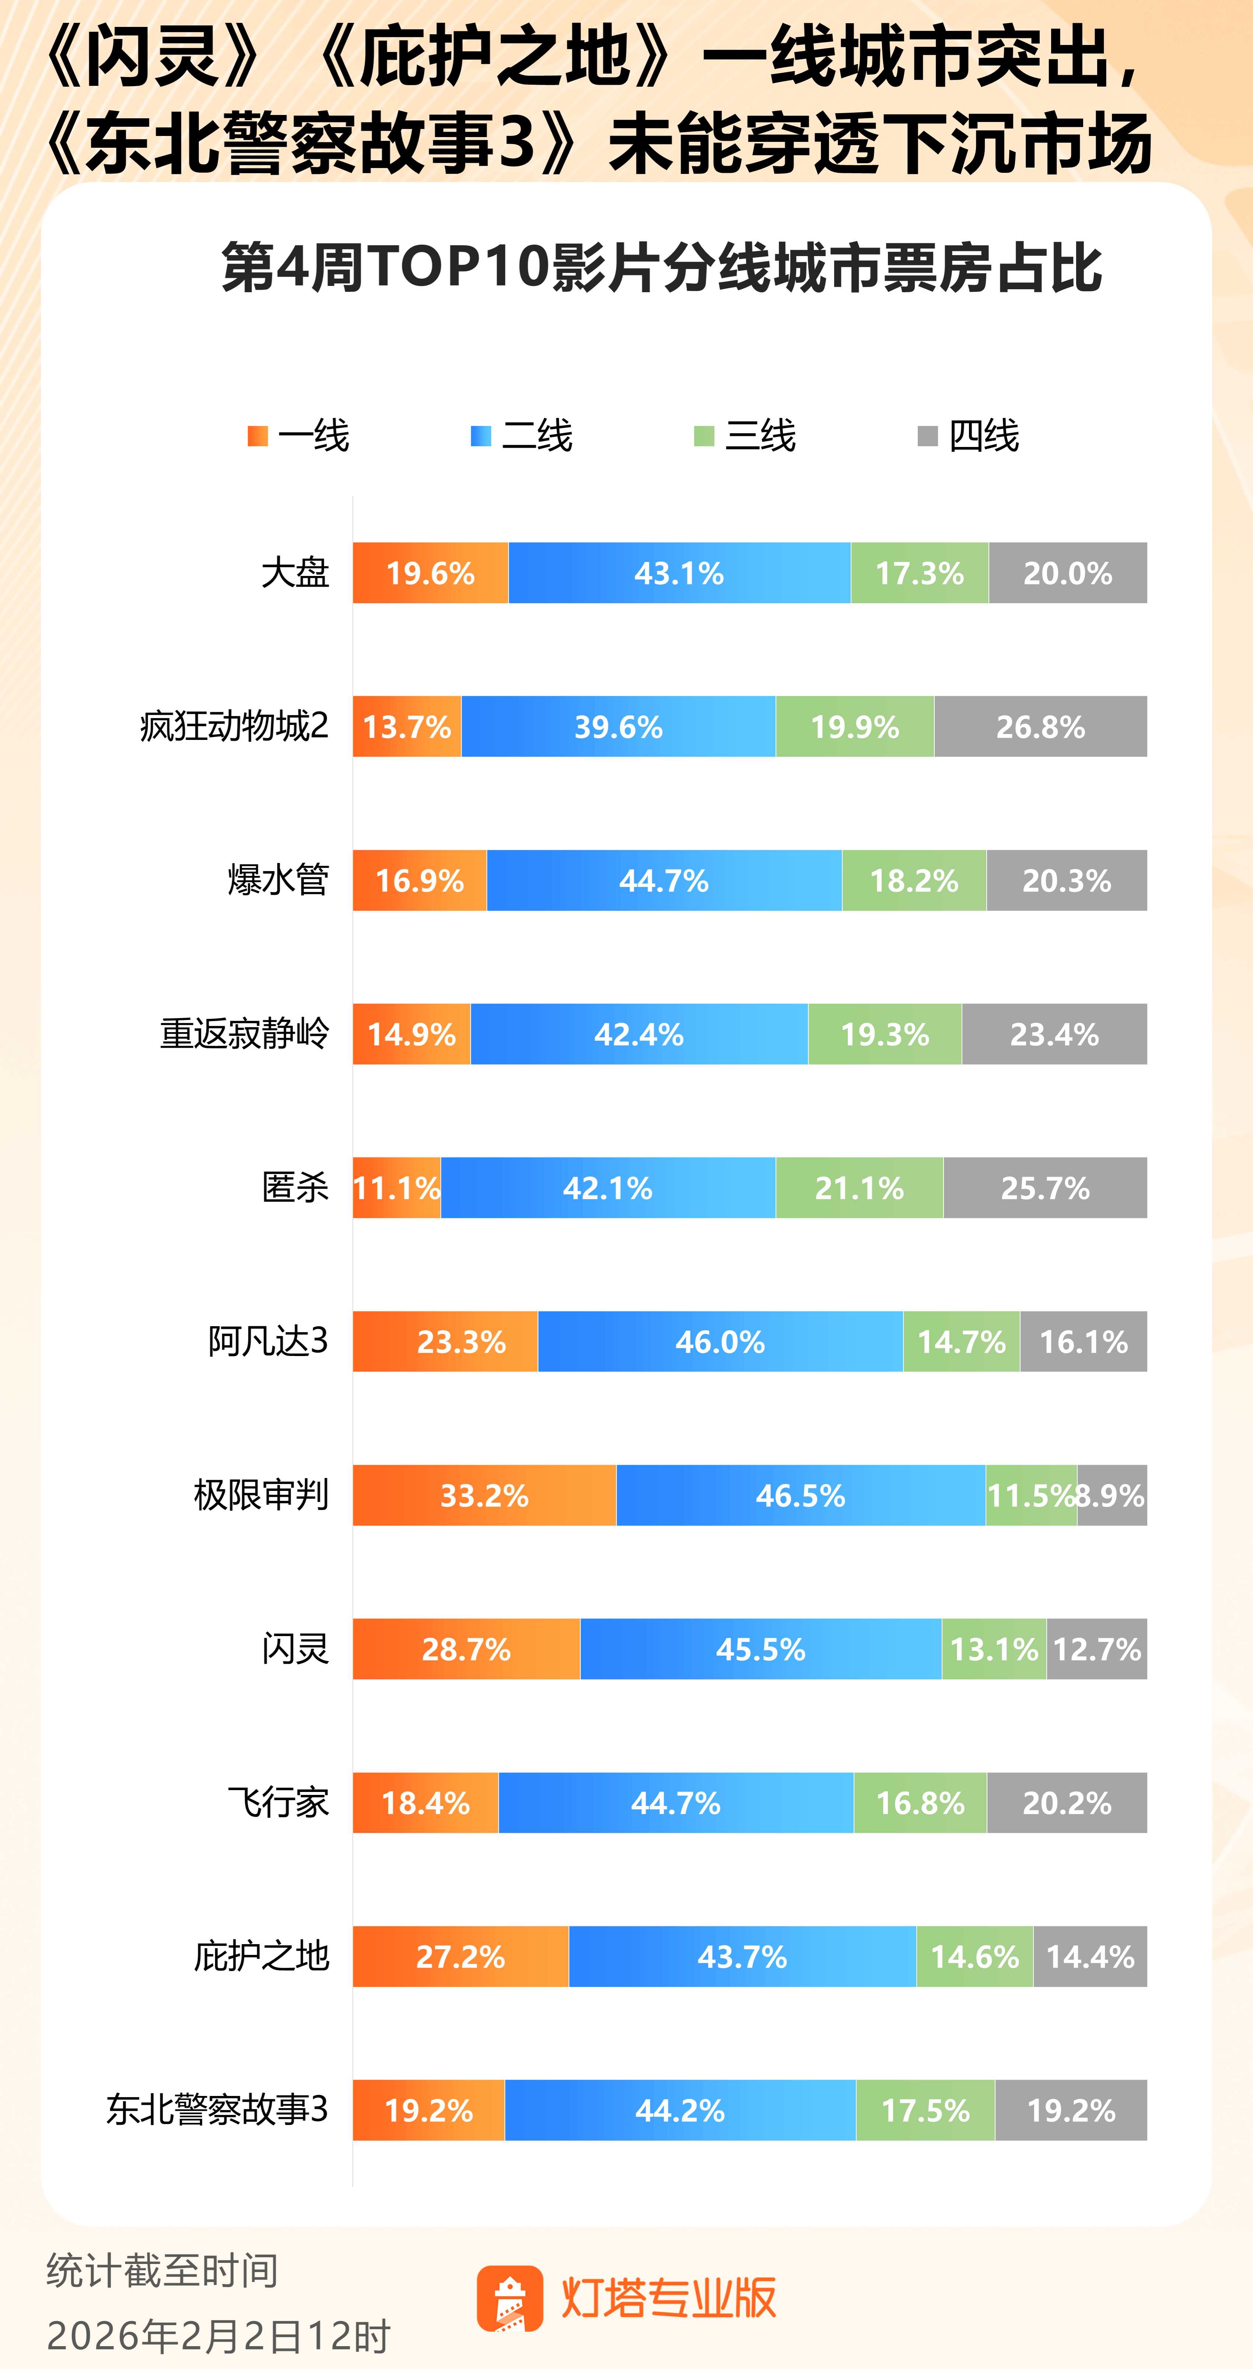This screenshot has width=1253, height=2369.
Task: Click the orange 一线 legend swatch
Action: click(x=258, y=436)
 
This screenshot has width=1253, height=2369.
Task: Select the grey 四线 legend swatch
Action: click(x=928, y=436)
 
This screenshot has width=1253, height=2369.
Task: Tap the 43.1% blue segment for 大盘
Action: click(x=679, y=573)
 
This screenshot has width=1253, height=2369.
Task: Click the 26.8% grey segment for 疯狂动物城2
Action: click(x=1041, y=727)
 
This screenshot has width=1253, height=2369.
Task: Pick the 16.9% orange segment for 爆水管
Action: click(x=420, y=880)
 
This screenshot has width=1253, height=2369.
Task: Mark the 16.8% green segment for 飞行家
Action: click(x=920, y=1803)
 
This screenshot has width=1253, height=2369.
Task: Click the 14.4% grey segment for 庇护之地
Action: click(x=1090, y=1956)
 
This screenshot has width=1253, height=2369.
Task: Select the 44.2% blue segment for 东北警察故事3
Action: click(x=680, y=2110)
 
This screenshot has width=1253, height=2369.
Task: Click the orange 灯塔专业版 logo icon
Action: click(x=509, y=2298)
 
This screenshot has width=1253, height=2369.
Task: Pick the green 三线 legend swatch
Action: click(x=704, y=436)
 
